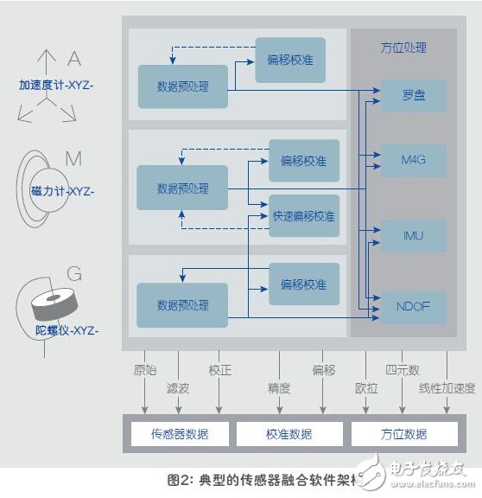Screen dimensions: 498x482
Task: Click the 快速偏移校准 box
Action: coord(303,215)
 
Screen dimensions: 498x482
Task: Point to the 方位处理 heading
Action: coord(403,48)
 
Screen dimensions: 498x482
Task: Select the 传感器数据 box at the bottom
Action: coord(180,433)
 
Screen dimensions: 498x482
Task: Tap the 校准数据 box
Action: coord(289,433)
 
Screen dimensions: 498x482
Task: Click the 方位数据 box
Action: coord(403,433)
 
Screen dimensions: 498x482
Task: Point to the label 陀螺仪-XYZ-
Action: coord(61,331)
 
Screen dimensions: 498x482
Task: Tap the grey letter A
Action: coord(74,59)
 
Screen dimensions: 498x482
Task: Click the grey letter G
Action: coord(74,274)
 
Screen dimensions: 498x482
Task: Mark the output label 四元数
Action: coord(402,370)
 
